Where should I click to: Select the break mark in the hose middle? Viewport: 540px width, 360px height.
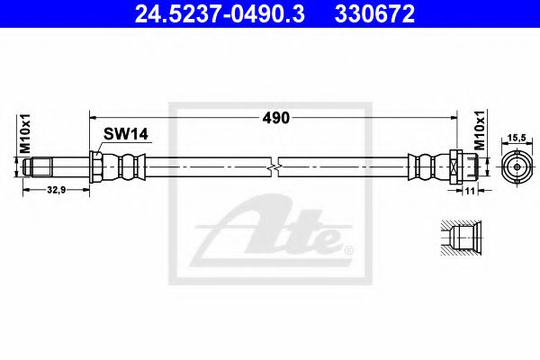click(274, 167)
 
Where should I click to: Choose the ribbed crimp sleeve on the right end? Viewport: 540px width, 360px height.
click(423, 167)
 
